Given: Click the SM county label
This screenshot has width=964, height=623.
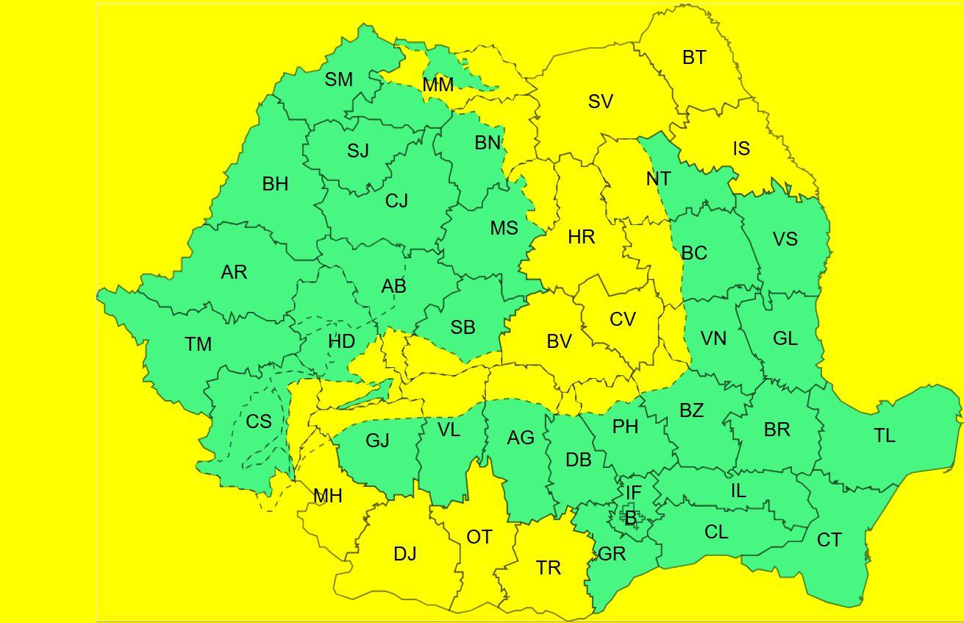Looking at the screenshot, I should point(339,79).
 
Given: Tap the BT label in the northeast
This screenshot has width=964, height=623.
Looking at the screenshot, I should point(694,57).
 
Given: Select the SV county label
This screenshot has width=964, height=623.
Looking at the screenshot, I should point(601,102).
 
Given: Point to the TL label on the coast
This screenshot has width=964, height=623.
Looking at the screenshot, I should point(885,435).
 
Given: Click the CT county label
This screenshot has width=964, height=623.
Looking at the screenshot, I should point(829,540).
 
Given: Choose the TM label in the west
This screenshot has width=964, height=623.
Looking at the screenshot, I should point(199,343).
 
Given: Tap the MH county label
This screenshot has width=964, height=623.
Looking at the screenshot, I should point(327,496).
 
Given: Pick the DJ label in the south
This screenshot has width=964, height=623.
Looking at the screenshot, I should point(405,554).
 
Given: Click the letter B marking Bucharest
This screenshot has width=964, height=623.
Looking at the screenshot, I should point(630,519).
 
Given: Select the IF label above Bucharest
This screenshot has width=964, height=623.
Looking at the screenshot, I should point(633,492).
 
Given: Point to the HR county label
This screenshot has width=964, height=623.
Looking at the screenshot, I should point(581,237).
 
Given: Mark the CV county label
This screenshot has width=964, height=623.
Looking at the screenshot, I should point(623,319).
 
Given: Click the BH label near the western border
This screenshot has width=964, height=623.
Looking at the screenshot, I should point(275,184).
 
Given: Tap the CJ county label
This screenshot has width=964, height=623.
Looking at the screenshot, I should point(396,200).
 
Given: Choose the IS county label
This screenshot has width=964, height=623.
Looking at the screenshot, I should point(741,149).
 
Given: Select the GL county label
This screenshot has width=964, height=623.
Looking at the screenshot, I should point(785,338).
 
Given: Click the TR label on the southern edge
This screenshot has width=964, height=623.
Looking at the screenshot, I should point(549,567).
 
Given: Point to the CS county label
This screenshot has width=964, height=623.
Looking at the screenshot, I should point(259,421).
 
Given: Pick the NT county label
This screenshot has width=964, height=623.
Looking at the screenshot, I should point(658,179).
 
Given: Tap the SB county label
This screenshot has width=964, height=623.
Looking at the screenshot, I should point(463,327).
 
